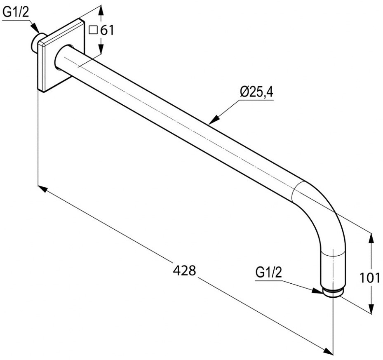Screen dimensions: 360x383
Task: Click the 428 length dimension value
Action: point(184,271)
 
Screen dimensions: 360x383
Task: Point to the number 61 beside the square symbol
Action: point(106,30)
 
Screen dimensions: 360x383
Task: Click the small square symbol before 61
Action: point(93,30)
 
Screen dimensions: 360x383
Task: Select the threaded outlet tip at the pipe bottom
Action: point(333,292)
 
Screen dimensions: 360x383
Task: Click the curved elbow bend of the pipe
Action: point(326,210)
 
